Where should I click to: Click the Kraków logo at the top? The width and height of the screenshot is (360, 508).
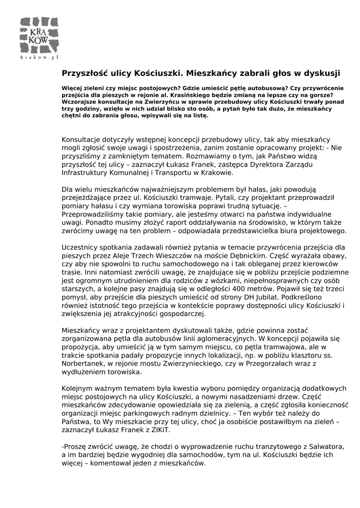pos(39,35)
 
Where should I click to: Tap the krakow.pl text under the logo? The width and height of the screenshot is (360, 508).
pos(40,58)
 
